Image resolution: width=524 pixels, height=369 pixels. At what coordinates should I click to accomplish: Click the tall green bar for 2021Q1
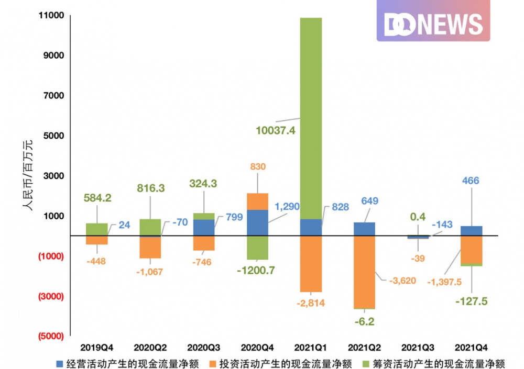pyautogui.click(x=311, y=118)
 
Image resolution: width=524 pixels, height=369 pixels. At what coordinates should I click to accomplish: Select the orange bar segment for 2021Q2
pyautogui.click(x=364, y=272)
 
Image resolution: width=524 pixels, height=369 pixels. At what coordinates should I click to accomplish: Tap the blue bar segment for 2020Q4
pyautogui.click(x=257, y=222)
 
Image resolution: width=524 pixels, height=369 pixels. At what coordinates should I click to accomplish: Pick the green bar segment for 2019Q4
pyautogui.click(x=97, y=229)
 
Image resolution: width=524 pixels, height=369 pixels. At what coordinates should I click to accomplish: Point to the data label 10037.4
pyautogui.click(x=276, y=130)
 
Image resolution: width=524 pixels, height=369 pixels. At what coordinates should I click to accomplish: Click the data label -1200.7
pyautogui.click(x=256, y=271)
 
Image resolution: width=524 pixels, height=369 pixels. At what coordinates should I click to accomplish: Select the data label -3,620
pyautogui.click(x=402, y=281)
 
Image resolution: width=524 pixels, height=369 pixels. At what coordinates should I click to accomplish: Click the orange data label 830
pyautogui.click(x=258, y=166)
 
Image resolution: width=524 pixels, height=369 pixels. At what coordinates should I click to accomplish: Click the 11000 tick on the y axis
pyautogui.click(x=48, y=15)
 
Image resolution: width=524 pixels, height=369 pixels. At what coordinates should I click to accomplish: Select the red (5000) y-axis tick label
pyautogui.click(x=48, y=336)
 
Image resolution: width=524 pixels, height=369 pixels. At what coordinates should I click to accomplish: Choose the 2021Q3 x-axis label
pyautogui.click(x=418, y=347)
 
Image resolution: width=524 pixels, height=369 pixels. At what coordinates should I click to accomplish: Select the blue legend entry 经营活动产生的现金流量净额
pyautogui.click(x=128, y=363)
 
